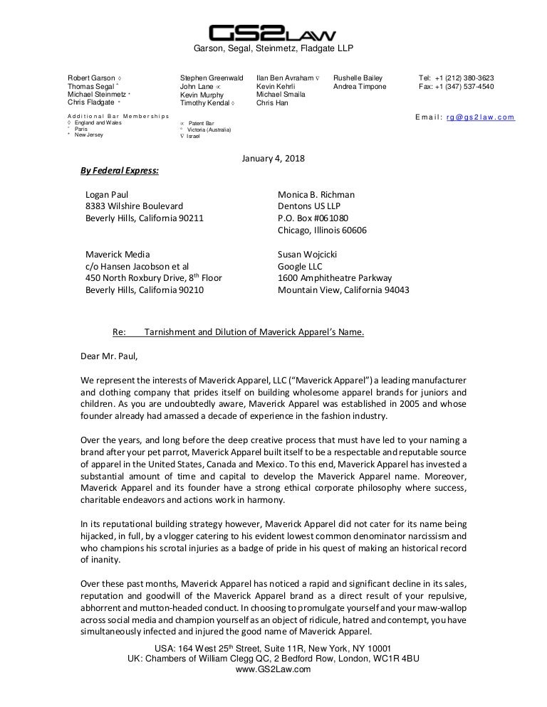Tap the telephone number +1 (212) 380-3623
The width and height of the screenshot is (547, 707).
[466, 78]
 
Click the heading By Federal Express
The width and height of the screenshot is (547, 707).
[120, 171]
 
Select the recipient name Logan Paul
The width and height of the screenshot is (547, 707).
[107, 194]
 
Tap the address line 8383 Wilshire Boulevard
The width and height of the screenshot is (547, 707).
[134, 206]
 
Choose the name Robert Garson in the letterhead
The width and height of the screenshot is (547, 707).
[92, 78]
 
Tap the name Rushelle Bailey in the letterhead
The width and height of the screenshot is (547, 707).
[358, 78]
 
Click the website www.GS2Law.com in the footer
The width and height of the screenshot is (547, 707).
[273, 669]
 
